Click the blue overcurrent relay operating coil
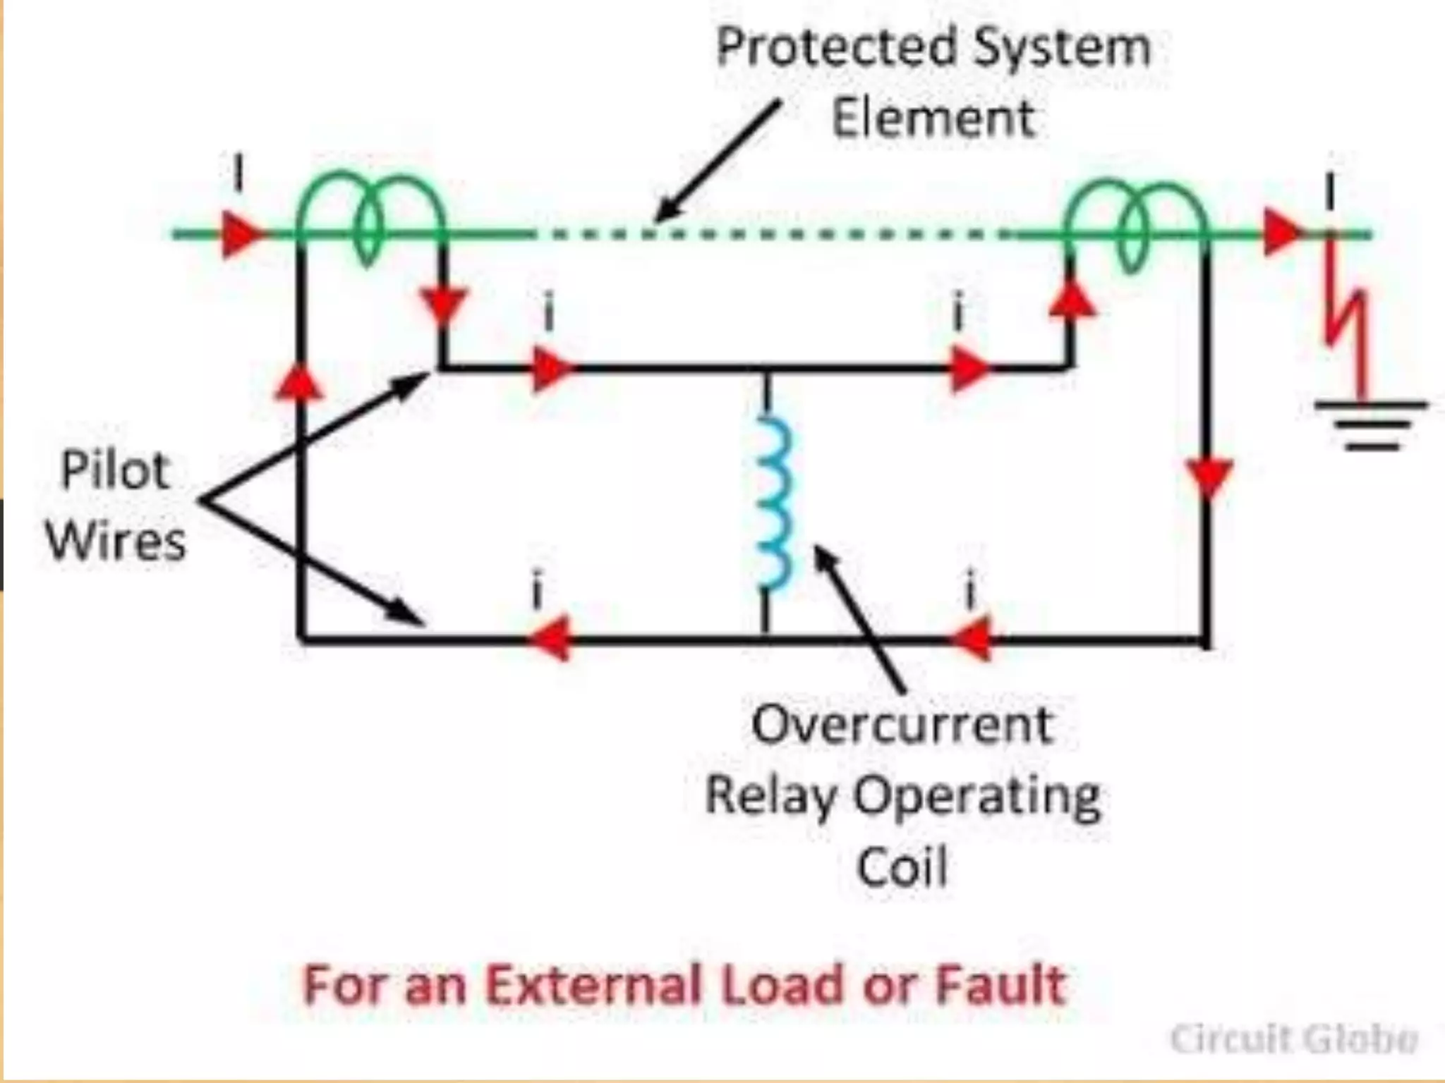point(773,502)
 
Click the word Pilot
point(115,470)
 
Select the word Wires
point(116,541)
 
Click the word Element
point(933,118)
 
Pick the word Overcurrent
point(902,725)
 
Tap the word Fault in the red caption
point(1000,985)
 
